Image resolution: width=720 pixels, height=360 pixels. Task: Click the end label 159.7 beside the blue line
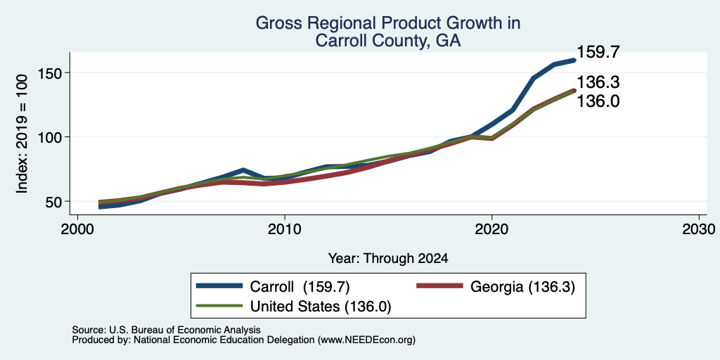(x=598, y=52)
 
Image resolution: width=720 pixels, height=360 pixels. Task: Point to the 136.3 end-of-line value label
(x=598, y=83)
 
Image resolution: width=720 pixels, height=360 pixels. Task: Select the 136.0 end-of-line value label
(x=598, y=101)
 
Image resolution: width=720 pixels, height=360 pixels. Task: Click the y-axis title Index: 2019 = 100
(x=22, y=134)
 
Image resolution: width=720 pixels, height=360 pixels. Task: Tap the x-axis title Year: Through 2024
(x=388, y=259)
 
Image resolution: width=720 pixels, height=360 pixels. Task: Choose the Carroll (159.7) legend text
(x=300, y=287)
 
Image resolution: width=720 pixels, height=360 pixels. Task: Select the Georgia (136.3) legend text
(x=522, y=287)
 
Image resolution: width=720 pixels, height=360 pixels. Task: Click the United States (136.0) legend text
(x=320, y=306)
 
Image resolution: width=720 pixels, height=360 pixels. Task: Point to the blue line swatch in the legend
(x=219, y=286)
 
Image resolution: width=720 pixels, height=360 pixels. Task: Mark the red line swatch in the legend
(x=439, y=286)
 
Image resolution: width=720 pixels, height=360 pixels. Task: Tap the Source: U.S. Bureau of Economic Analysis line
(x=166, y=330)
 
